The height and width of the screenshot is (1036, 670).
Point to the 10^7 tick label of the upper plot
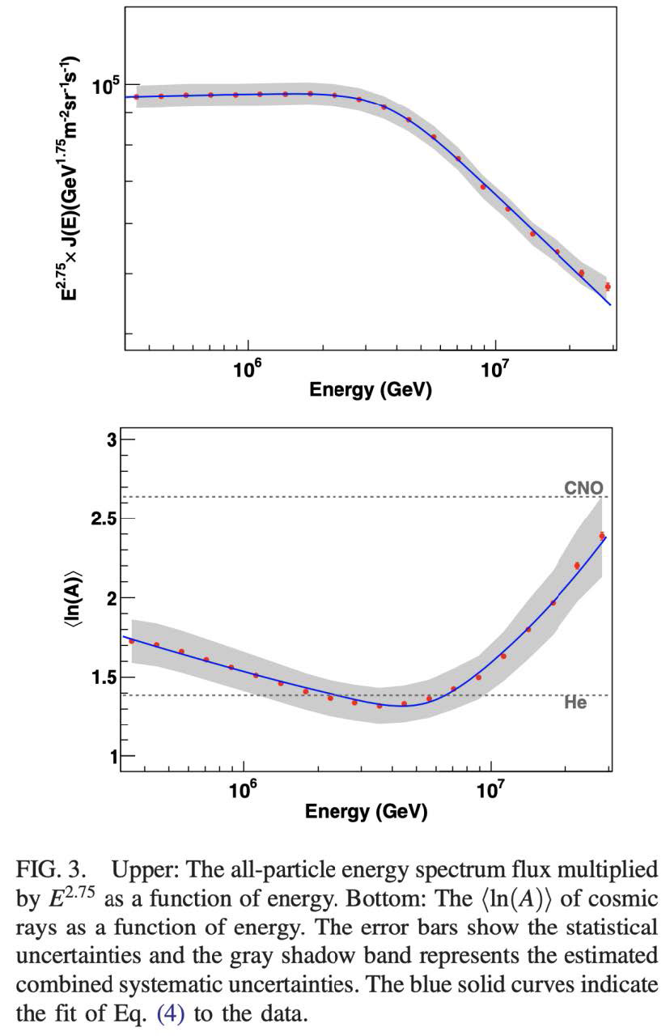[494, 369]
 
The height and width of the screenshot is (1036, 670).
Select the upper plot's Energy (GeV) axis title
[370, 390]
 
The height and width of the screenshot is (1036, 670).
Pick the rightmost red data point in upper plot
[608, 287]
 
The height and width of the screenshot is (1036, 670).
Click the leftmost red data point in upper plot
[136, 97]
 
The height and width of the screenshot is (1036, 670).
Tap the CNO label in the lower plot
[583, 487]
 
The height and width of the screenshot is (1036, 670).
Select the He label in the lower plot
[575, 704]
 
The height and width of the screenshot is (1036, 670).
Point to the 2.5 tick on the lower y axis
[104, 519]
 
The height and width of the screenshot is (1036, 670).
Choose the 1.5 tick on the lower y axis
[104, 677]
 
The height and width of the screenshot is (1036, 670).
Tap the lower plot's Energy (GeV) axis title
[366, 811]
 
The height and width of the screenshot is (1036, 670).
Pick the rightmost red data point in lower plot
[602, 535]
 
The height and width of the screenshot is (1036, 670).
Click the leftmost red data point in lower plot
[132, 641]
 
